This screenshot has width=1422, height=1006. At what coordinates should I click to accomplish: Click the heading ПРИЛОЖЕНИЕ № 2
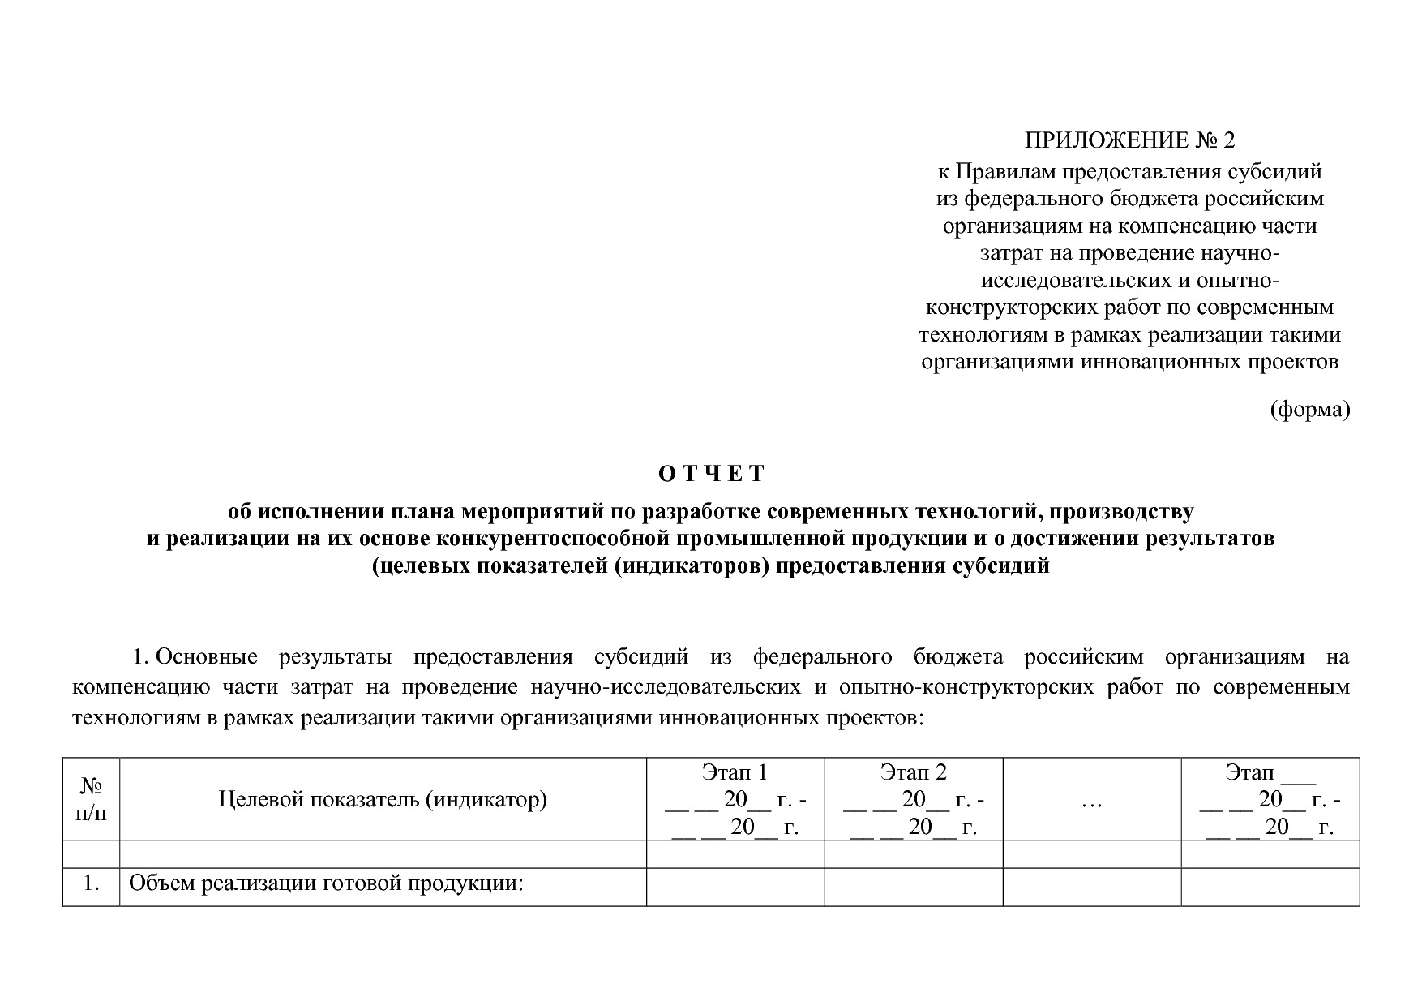[1129, 140]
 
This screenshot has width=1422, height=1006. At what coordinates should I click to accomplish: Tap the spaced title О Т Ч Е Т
[711, 474]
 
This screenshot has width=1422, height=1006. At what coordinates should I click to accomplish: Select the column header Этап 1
[735, 772]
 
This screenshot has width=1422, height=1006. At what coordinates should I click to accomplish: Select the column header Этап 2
[913, 772]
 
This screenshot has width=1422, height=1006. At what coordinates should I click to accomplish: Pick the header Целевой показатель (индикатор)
[383, 800]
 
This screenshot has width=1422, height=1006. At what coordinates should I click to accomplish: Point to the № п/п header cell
[91, 799]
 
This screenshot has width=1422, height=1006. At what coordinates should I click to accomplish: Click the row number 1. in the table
[91, 884]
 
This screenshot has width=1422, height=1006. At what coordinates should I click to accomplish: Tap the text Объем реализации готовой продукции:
[324, 884]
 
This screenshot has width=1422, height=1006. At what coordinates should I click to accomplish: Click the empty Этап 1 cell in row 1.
[735, 887]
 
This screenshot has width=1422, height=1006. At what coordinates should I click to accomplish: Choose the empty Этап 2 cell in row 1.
[913, 887]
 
